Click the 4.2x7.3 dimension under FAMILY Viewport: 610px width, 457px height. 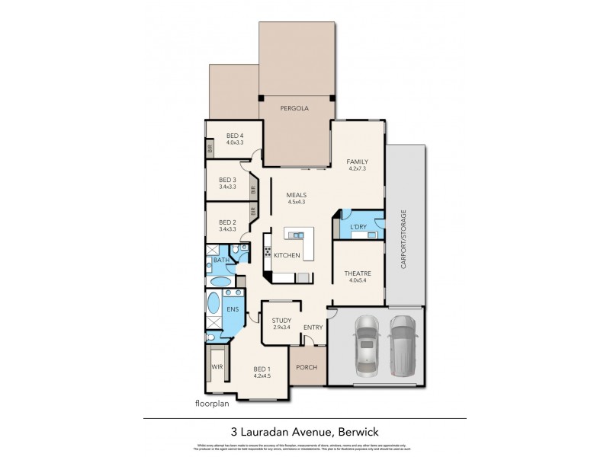357,170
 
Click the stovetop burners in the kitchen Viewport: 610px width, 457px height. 268,250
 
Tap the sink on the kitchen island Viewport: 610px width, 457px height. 295,234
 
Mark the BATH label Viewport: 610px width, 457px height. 221,260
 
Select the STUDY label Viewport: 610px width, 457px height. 282,321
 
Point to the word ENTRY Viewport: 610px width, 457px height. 313,328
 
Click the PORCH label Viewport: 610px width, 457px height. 307,366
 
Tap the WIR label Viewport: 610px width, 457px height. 216,368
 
